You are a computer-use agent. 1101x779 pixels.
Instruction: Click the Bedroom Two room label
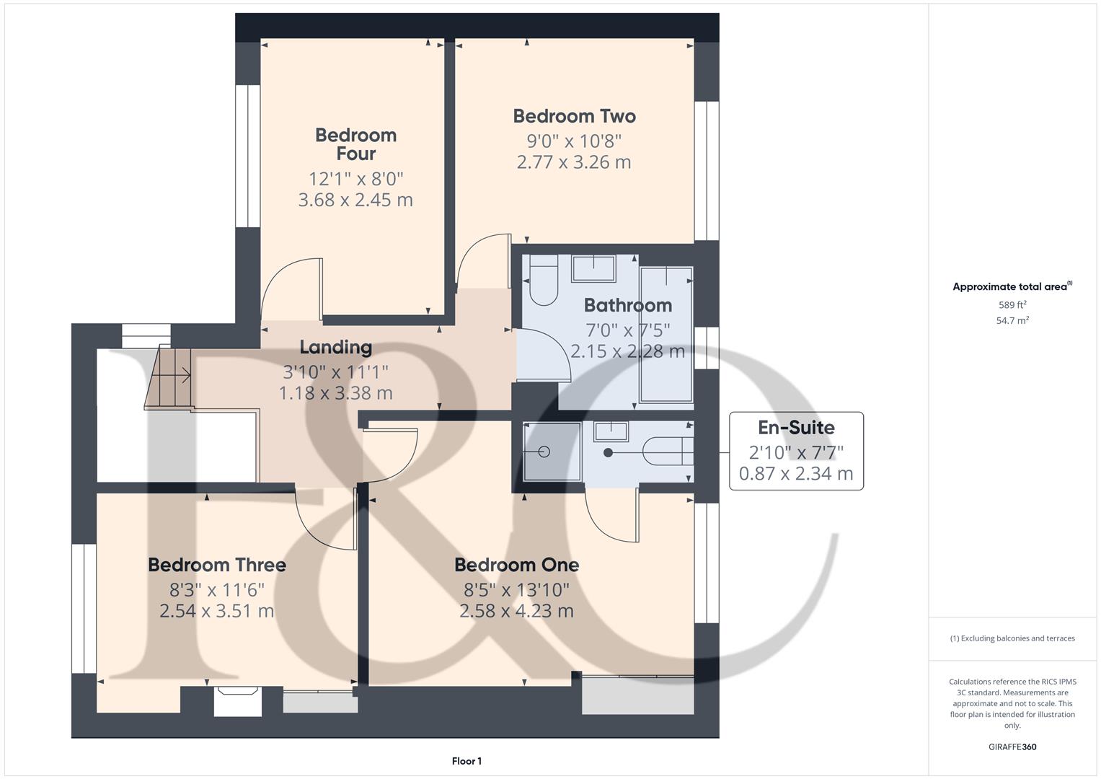pos(574,116)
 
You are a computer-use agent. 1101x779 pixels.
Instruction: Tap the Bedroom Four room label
pos(355,144)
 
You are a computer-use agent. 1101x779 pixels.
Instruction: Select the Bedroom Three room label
pos(217,565)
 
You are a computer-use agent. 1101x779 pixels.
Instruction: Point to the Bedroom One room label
pos(516,565)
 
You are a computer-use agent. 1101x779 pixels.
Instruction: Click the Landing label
pos(336,348)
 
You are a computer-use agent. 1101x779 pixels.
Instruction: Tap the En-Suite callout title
pos(796,428)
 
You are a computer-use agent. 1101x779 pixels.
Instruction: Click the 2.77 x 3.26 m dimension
pos(574,162)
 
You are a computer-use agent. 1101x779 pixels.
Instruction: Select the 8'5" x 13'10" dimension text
pos(516,590)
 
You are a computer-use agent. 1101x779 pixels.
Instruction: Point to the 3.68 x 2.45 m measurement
pos(355,200)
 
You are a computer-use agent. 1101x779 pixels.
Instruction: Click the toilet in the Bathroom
pos(543,283)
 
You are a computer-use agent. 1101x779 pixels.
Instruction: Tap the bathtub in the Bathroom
pos(666,333)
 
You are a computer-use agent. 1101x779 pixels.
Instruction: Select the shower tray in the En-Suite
pos(552,452)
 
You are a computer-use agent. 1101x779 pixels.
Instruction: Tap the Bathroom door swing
pos(544,353)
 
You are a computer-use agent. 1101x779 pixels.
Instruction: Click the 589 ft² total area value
pos(1012,305)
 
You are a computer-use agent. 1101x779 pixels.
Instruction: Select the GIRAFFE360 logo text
pos(1012,747)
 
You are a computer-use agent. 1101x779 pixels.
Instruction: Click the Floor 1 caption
pos(467,761)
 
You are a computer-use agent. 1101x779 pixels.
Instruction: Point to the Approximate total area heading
pos(1012,287)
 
